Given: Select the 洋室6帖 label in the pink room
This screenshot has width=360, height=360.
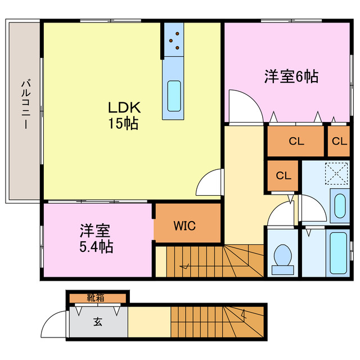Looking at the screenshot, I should click(291, 77).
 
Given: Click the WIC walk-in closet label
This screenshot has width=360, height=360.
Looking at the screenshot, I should click(184, 226).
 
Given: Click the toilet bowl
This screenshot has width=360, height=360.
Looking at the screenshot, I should click(281, 258).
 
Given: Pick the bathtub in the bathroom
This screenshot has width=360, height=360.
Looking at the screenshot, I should click(339, 253).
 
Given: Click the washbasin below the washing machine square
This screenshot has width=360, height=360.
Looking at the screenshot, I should click(339, 206).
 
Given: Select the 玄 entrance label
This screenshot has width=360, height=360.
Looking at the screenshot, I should click(98, 322).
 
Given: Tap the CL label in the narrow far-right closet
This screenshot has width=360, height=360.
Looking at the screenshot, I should click(339, 142).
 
